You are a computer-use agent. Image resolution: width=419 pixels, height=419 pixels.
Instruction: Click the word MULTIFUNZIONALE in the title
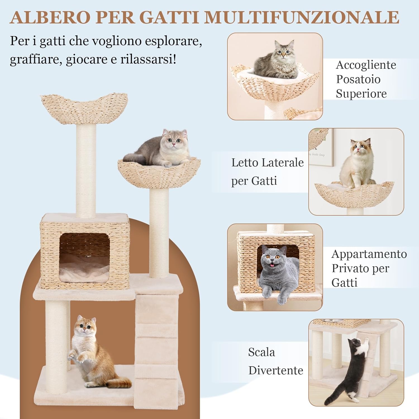(x=301, y=17)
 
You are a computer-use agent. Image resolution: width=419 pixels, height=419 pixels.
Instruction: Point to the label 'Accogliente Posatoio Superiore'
(x=365, y=79)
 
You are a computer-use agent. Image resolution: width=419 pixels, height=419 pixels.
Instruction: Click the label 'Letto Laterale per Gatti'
(x=267, y=172)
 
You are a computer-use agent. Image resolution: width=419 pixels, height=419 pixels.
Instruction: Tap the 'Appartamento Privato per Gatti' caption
(x=368, y=268)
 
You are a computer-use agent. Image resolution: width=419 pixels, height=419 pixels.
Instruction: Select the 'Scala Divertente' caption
(x=275, y=361)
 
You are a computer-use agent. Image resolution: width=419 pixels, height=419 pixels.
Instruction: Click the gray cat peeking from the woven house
(x=275, y=272)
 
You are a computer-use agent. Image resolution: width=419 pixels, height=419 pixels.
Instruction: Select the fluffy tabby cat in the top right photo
(x=278, y=60)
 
